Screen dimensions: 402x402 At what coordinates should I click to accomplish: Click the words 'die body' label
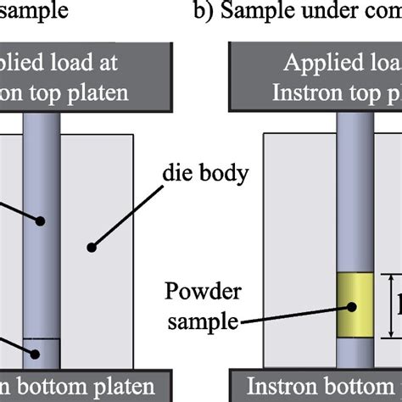pos(207,176)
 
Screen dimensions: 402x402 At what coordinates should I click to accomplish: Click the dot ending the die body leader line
pos(90,247)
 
